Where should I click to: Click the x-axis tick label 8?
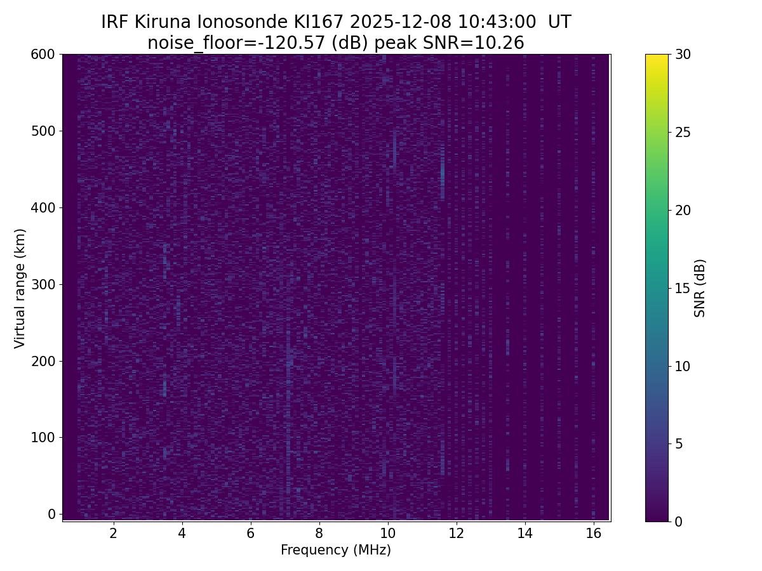[x=319, y=533]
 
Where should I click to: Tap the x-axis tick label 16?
[x=593, y=533]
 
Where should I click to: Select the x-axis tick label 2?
[x=113, y=533]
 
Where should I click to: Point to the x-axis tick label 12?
[x=456, y=533]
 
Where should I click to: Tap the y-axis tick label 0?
[x=52, y=514]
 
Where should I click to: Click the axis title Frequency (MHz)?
[x=336, y=550]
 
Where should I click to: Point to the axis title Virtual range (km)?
[x=20, y=288]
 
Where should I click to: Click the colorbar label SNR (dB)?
[x=700, y=288]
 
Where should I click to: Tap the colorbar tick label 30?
[x=683, y=55]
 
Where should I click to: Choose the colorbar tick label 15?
[x=683, y=288]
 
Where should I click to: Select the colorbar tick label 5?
[x=679, y=443]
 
